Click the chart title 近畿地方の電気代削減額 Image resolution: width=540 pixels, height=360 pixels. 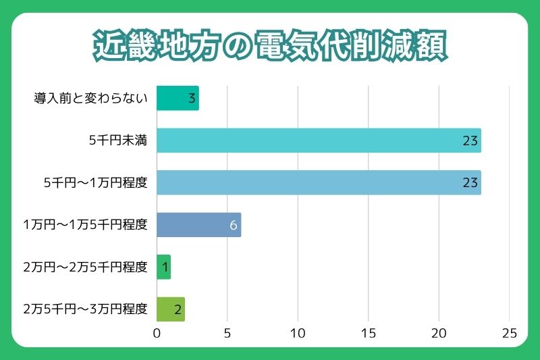pos(269,47)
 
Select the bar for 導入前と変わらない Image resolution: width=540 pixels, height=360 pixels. pos(178,99)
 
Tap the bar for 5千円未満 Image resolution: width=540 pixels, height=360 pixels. pos(319,140)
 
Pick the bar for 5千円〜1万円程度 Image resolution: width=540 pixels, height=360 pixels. pos(319,183)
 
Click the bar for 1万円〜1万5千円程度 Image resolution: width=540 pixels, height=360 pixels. pos(198,225)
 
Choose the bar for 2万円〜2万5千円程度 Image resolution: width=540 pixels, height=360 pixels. pos(163,267)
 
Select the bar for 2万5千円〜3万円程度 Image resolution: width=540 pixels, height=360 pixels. pos(170,309)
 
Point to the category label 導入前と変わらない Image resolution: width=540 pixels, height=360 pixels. pos(90,99)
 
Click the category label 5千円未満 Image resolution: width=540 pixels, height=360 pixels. pos(118,141)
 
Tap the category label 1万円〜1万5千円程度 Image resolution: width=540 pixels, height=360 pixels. pos(85,225)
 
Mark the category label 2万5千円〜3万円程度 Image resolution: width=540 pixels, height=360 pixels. pos(85,309)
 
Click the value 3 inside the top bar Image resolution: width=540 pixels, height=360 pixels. pos(192,99)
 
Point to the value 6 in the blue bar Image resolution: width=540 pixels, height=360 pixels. pos(234,225)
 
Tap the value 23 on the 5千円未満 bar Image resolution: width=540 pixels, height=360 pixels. pos(470,141)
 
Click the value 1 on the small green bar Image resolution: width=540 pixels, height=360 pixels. pos(164,267)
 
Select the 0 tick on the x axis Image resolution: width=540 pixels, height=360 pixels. pos(157,333)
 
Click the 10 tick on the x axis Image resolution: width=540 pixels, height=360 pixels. pos(298,333)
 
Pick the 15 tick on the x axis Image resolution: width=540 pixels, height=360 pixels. pos(368,333)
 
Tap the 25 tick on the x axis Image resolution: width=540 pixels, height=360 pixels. pos(509,333)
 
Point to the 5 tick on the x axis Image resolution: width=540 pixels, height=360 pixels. pos(227,333)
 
